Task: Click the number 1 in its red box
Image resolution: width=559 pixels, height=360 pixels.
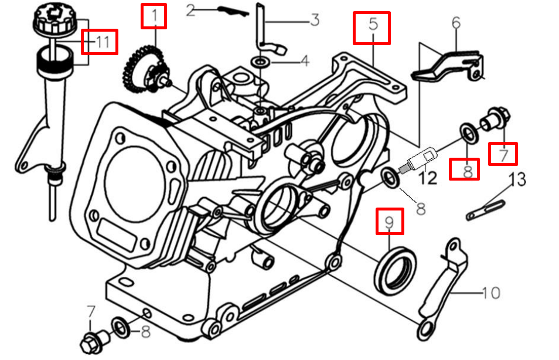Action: (154, 16)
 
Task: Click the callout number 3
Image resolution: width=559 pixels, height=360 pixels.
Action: (314, 21)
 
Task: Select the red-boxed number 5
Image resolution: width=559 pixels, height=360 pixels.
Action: (371, 26)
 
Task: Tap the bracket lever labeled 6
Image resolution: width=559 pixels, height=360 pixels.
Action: (448, 66)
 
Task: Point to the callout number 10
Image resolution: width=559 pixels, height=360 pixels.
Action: (490, 291)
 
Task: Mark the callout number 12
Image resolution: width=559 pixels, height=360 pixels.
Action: (428, 176)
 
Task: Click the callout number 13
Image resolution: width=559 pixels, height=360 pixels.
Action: (516, 178)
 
